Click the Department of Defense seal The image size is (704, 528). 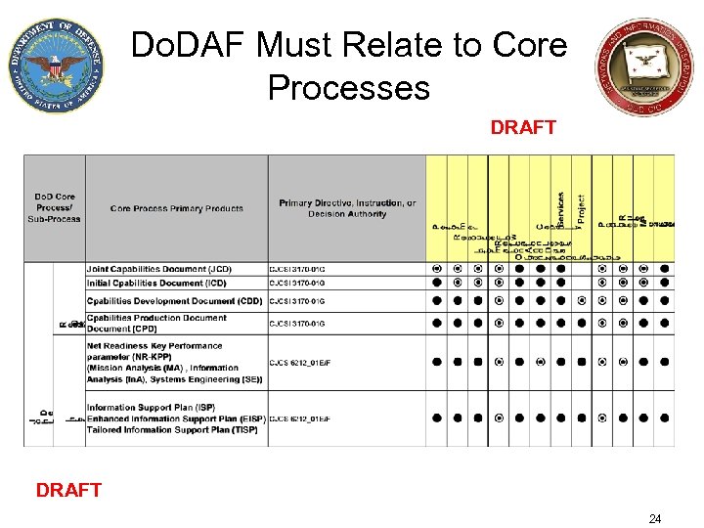point(56,66)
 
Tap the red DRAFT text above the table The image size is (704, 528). point(523,128)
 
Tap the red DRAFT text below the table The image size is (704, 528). point(68,490)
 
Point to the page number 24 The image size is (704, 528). point(654,518)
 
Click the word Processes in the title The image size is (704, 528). point(348,87)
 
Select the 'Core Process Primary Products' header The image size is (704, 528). point(176,208)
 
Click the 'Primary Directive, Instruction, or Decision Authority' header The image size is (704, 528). point(346,208)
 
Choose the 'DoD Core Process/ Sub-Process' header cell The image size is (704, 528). point(54,207)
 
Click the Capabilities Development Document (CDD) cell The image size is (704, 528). point(174,301)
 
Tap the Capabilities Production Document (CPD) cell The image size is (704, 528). point(156,324)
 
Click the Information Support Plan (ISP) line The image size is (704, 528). point(151,408)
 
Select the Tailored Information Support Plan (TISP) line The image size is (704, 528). point(171,430)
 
